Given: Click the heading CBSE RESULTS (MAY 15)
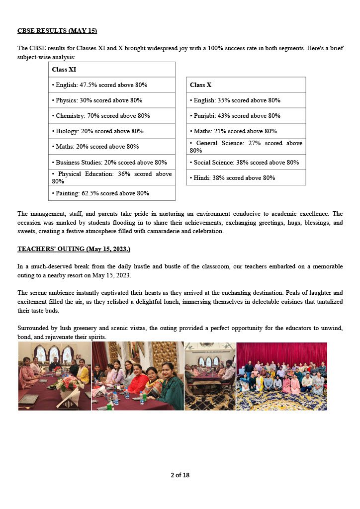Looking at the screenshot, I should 57,31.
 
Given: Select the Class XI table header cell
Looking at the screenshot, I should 111,70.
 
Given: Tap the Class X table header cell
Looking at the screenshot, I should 246,85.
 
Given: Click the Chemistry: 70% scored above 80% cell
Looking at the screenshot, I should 111,116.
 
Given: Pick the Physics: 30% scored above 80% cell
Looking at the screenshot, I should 111,100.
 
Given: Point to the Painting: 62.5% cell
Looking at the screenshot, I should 111,193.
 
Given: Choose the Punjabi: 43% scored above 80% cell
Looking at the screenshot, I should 246,116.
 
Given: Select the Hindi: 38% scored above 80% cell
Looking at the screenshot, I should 246,177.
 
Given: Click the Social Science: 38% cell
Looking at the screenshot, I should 246,162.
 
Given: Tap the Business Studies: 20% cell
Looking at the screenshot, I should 111,162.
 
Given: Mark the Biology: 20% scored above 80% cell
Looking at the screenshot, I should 111,131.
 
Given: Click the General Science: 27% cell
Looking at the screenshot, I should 246,147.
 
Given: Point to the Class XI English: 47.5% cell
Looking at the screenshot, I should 111,85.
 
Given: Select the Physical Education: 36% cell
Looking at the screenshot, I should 111,177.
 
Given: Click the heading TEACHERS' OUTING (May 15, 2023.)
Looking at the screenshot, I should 74,249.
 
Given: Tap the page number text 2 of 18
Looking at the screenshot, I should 180,475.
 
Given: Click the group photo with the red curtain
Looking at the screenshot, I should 281,376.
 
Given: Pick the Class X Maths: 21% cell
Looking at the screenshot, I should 246,131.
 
